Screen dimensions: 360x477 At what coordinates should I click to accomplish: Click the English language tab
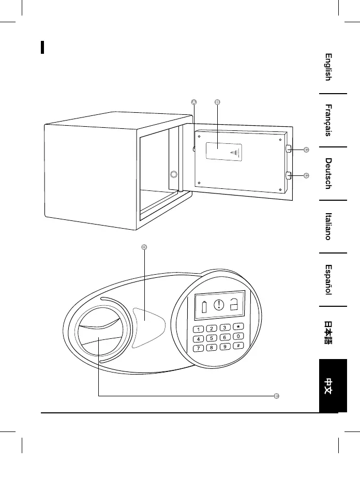pyautogui.click(x=328, y=67)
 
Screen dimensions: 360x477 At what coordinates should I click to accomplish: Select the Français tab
pyautogui.click(x=328, y=121)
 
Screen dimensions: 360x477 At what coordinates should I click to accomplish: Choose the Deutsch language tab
pyautogui.click(x=328, y=173)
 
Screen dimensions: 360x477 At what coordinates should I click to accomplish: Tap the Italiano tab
pyautogui.click(x=328, y=226)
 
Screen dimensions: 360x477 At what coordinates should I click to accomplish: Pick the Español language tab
pyautogui.click(x=328, y=279)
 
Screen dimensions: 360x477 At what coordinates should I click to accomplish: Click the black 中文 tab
pyautogui.click(x=328, y=385)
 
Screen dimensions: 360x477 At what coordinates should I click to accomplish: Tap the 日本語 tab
pyautogui.click(x=328, y=332)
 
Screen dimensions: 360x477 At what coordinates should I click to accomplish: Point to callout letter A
pyautogui.click(x=193, y=102)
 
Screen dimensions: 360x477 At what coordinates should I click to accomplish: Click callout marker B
pyautogui.click(x=217, y=102)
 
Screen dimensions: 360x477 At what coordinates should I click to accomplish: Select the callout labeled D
pyautogui.click(x=144, y=247)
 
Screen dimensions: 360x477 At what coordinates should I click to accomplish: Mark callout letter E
pyautogui.click(x=277, y=396)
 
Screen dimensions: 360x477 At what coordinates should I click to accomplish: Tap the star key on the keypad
pyautogui.click(x=238, y=327)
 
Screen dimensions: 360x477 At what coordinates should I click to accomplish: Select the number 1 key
pyautogui.click(x=198, y=330)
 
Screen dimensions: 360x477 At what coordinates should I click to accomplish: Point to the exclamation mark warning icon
pyautogui.click(x=219, y=305)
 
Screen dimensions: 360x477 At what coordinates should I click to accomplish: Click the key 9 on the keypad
pyautogui.click(x=226, y=346)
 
